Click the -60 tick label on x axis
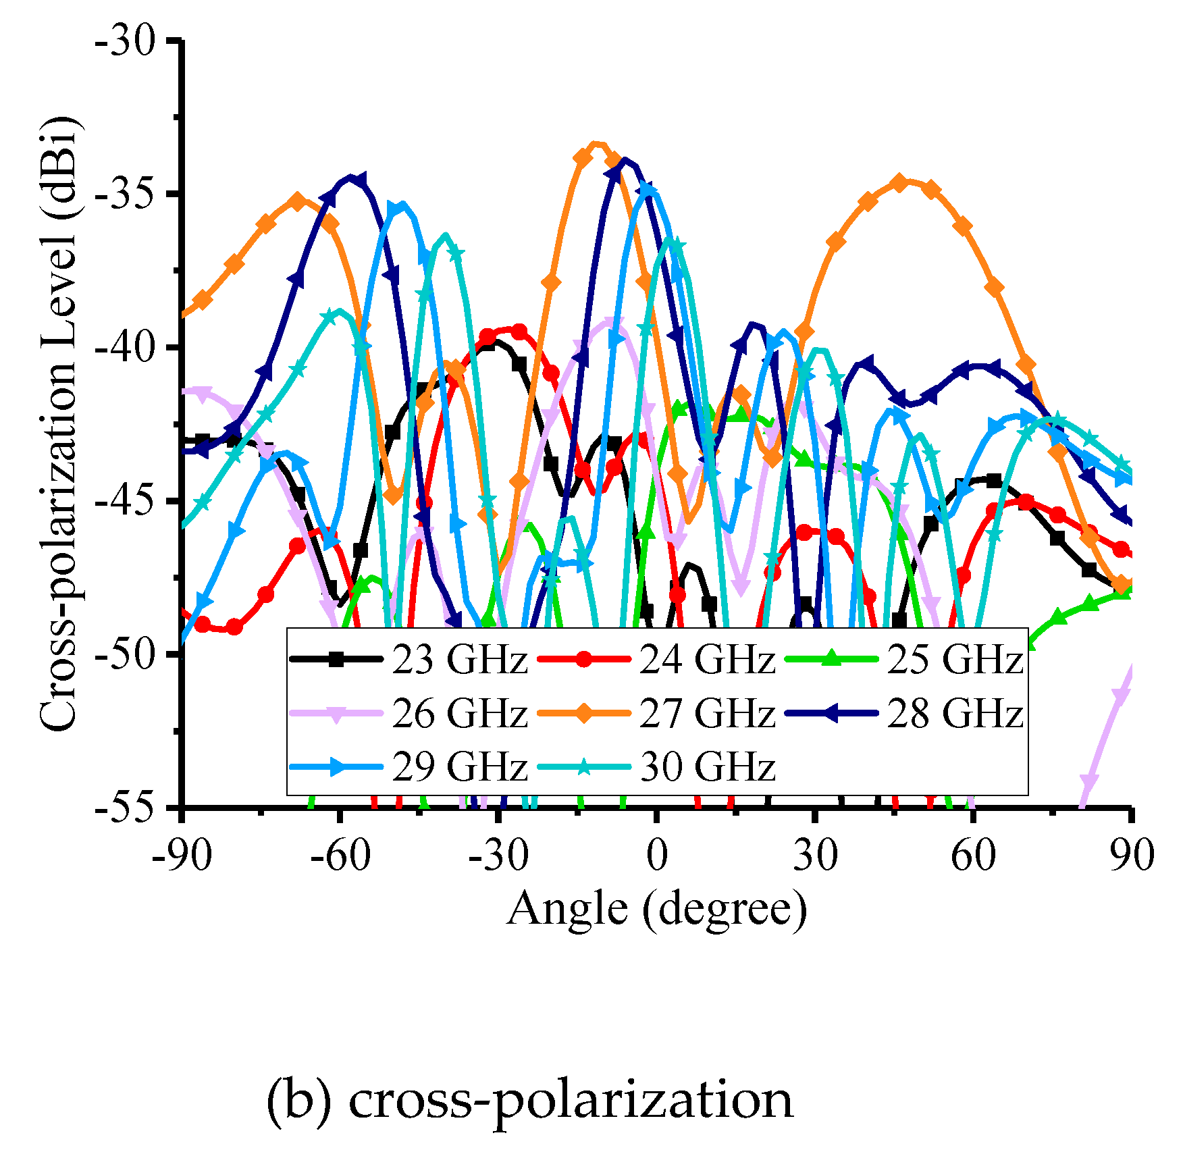click(340, 856)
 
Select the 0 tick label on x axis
click(656, 856)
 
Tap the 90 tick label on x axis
click(1132, 856)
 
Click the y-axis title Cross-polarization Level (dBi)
click(59, 424)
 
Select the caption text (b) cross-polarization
click(529, 1099)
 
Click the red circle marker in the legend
click(585, 659)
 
